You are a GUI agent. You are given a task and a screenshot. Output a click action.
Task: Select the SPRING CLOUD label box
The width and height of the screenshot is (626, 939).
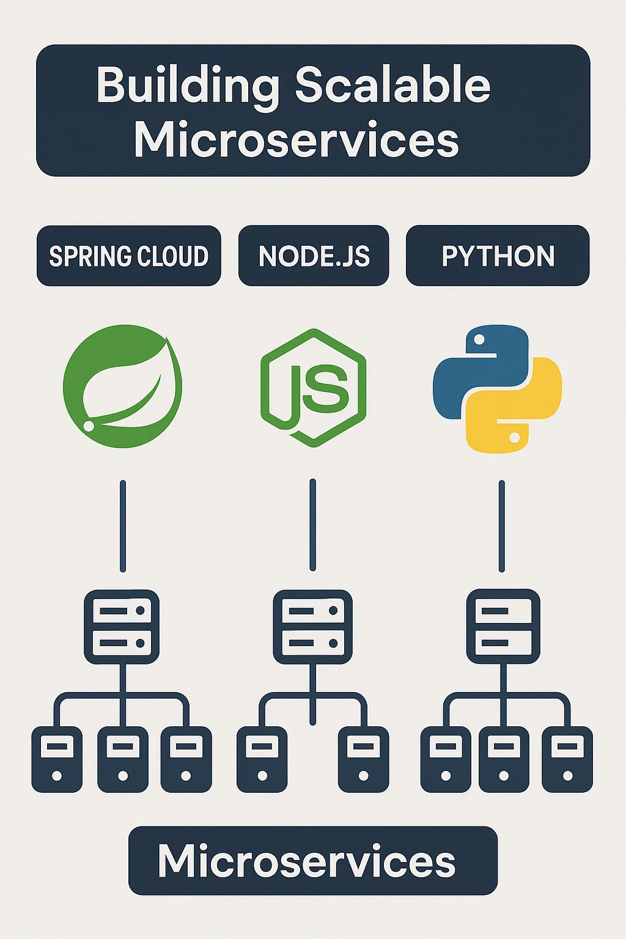coord(128,256)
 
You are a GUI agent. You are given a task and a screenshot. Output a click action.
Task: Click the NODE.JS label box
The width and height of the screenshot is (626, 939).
coord(314,256)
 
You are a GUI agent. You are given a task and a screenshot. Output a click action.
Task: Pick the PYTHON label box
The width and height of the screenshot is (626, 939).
coord(498,256)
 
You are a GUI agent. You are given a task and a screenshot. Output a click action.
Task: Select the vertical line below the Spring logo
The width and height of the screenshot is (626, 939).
coord(123,526)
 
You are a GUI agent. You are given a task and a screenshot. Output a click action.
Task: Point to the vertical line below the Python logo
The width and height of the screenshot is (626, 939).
coord(502,526)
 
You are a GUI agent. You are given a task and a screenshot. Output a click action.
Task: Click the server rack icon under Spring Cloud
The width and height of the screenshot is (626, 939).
coord(122,627)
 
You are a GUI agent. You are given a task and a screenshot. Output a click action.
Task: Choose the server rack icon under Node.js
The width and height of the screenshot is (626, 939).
coord(312,627)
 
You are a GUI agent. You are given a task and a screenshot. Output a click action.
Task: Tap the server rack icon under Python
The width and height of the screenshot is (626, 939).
coord(503,627)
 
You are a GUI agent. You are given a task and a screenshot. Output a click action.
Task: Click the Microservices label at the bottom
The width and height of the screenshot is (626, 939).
coord(312,861)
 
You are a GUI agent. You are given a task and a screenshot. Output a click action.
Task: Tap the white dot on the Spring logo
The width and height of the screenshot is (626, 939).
coord(89,425)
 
